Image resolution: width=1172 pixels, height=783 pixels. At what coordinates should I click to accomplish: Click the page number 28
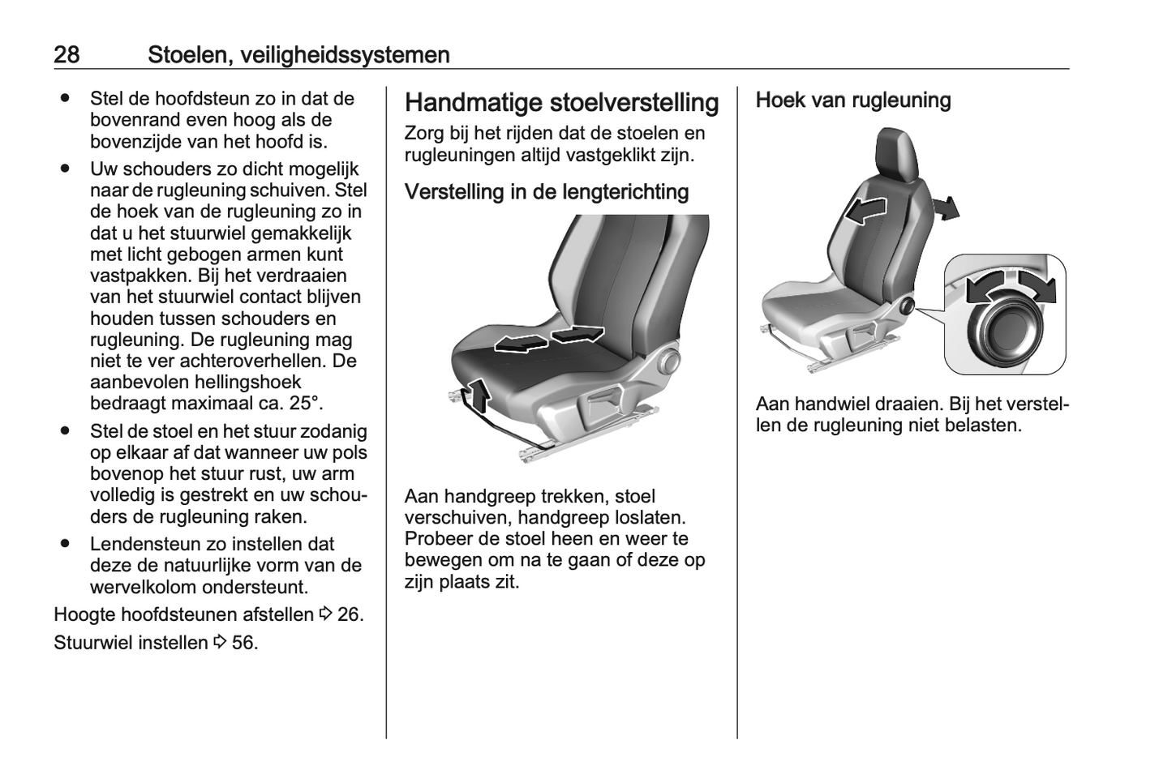coord(67,54)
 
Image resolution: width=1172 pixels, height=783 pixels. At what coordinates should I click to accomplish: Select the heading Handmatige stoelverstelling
coord(561,103)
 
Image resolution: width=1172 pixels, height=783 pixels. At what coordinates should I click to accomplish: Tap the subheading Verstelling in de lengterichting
coord(546,192)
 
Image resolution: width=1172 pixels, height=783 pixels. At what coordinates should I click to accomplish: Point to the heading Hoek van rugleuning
coord(852,101)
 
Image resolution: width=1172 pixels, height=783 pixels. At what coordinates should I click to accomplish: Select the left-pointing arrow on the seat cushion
coord(520,344)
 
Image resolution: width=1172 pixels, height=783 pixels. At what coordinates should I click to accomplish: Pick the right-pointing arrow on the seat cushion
coord(578,332)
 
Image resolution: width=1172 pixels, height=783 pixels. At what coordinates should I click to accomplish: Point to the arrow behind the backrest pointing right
coord(946,208)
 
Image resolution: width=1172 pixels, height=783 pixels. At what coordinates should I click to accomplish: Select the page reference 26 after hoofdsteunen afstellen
coord(349,614)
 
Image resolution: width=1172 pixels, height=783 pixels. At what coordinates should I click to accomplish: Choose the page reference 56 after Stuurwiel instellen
coord(243,643)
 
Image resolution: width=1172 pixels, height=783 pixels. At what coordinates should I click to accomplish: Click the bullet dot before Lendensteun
coord(64,545)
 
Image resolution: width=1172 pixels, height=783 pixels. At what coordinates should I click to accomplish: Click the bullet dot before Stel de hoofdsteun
coord(64,99)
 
